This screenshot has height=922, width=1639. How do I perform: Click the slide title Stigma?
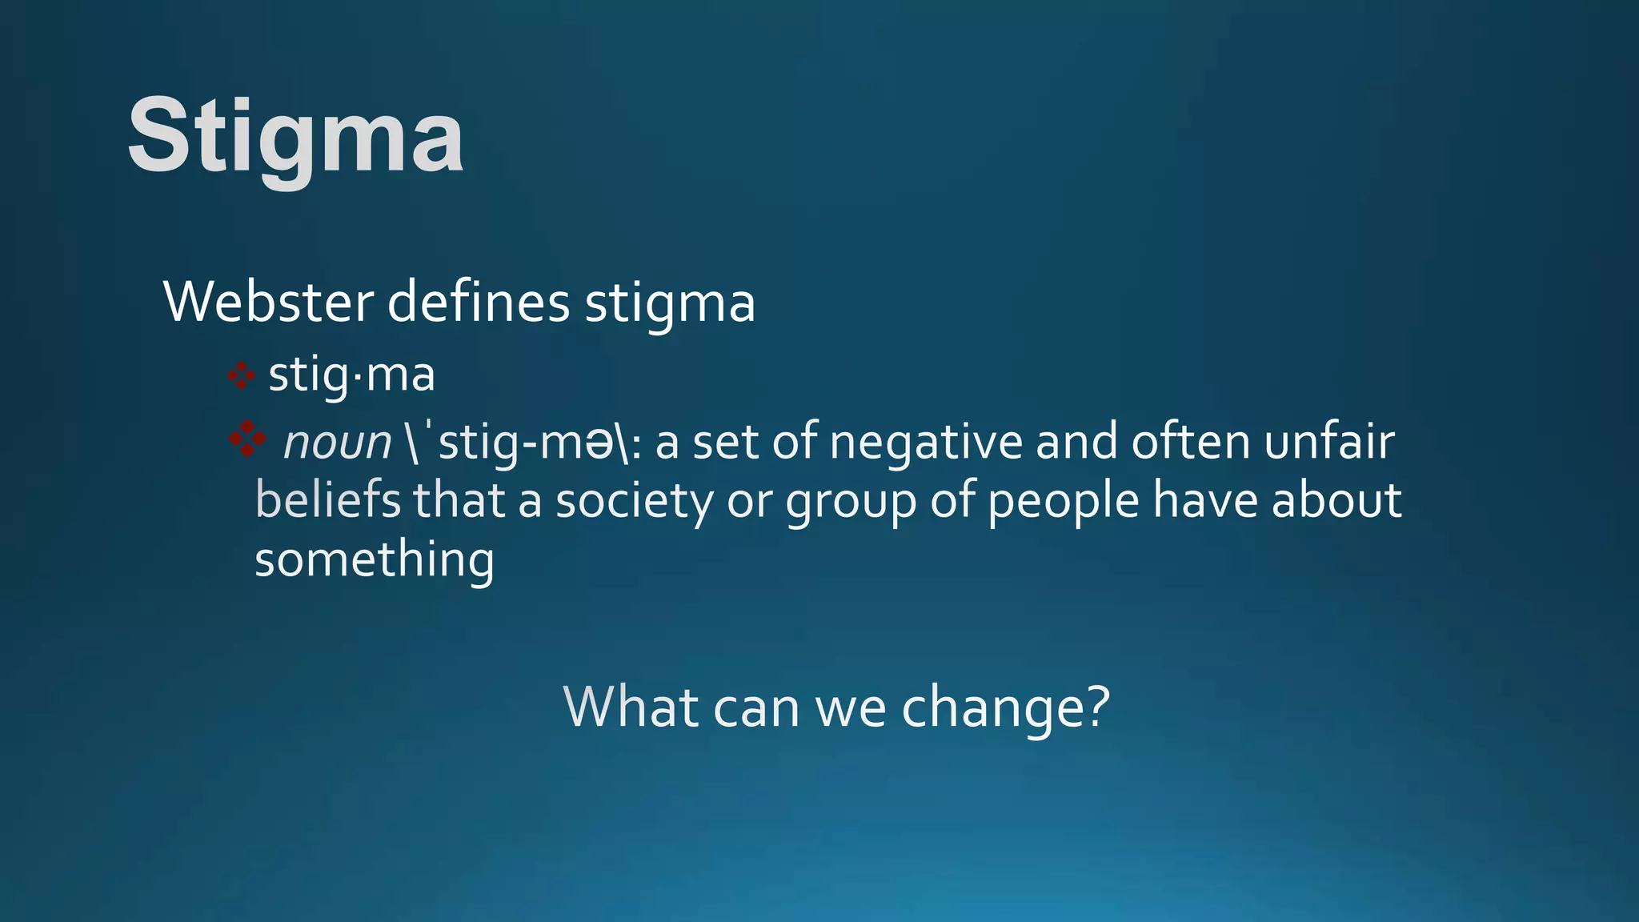[x=295, y=138]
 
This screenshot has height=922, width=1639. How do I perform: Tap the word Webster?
[x=268, y=303]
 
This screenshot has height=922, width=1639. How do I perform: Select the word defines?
[x=479, y=303]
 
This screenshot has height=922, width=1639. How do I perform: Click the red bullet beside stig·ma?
[x=241, y=375]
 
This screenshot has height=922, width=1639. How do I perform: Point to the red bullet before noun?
[x=247, y=439]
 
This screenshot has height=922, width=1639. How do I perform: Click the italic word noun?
[x=337, y=443]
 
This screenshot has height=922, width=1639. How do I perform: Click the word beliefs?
[x=327, y=501]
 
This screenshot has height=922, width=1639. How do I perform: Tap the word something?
[x=374, y=560]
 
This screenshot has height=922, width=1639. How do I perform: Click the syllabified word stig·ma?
[x=351, y=375]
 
